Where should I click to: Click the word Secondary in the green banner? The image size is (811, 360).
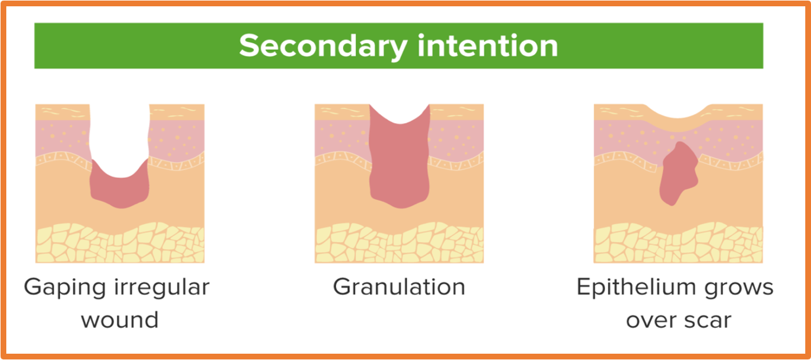(323, 46)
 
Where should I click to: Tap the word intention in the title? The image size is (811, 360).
(488, 46)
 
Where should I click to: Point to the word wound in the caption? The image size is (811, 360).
(120, 320)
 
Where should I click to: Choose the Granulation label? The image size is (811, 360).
(399, 287)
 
